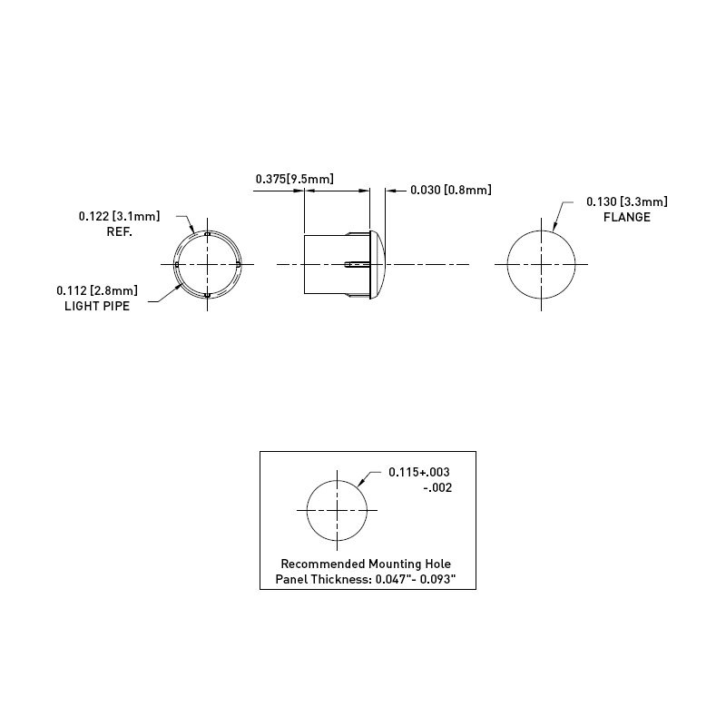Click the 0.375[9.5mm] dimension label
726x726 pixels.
click(x=294, y=179)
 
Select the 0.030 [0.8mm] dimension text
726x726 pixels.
click(x=450, y=190)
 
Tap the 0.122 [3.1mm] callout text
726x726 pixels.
click(x=119, y=216)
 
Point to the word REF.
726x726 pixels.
click(x=120, y=232)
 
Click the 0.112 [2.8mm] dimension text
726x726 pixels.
click(x=97, y=290)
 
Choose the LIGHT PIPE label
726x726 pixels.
click(x=97, y=306)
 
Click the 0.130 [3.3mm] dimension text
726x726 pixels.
click(x=627, y=201)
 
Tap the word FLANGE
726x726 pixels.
click(x=627, y=217)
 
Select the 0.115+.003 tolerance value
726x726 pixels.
click(x=419, y=472)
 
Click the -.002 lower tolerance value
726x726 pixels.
click(x=437, y=488)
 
